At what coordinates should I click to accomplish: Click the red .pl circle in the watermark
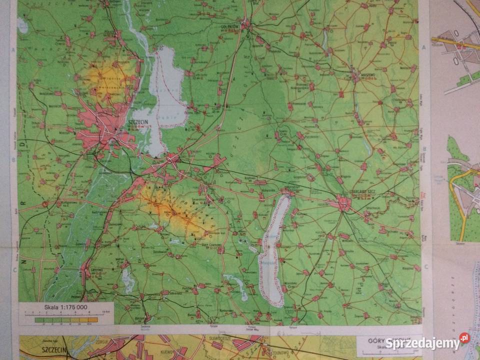pyautogui.click(x=464, y=338)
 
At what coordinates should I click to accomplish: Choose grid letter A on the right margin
pyautogui.click(x=423, y=47)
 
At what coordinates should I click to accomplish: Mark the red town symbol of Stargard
pyautogui.click(x=343, y=203)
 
